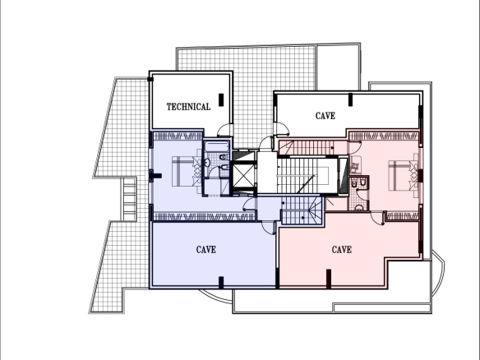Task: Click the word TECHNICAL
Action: coord(188,107)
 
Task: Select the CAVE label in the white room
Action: coord(325,116)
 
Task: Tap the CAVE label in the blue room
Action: coord(206,250)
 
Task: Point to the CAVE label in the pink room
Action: coord(342,250)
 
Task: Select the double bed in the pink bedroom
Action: coord(404,175)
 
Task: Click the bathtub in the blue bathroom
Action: coord(217,146)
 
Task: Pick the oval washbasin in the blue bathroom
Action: coord(207,162)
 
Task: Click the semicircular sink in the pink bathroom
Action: coord(359,209)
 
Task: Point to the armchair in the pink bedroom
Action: coord(355,167)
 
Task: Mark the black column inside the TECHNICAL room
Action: coord(221,99)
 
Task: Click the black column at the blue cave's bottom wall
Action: coord(221,282)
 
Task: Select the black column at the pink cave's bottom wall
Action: coord(329,279)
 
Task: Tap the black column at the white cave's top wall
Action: coord(350,99)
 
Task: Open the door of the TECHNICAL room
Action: coord(225,130)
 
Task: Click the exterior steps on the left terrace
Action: coord(130,199)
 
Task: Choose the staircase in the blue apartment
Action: coord(302,210)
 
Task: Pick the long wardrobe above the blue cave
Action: coord(204,217)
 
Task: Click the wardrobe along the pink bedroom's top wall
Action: coord(384,136)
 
